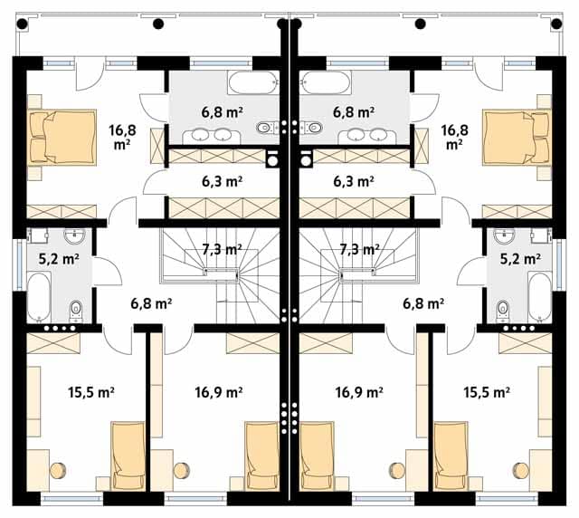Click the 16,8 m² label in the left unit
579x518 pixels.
tap(122, 137)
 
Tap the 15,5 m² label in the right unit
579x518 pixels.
tap(487, 392)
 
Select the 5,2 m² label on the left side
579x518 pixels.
tap(59, 259)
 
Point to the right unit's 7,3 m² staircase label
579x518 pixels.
tap(359, 250)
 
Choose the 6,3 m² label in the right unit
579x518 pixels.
tap(354, 181)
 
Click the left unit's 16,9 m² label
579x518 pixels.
tap(219, 392)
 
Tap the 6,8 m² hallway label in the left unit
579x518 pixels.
tap(151, 303)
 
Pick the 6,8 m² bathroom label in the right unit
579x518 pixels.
tap(354, 112)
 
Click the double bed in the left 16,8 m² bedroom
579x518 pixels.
tap(62, 137)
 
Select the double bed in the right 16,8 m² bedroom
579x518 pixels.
tap(517, 137)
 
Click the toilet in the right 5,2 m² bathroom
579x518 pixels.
tap(503, 310)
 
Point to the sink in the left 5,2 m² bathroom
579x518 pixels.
tap(74, 235)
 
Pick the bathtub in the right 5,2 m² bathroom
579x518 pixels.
tap(540, 296)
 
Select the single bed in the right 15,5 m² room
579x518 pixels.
tap(451, 456)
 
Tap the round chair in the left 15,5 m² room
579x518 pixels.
tap(58, 470)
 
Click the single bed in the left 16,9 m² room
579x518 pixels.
tap(261, 456)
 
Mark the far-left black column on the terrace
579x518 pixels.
tap(22, 24)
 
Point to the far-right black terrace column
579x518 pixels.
tap(556, 24)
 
